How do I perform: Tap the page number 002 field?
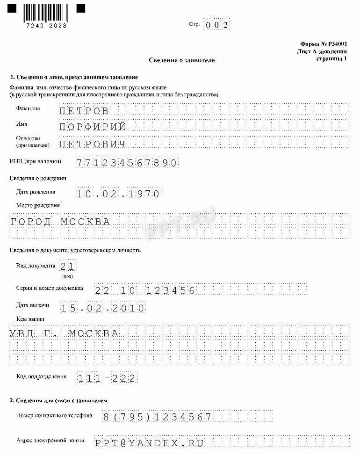(x=217, y=25)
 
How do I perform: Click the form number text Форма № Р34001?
(x=324, y=43)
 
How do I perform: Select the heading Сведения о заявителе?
(x=182, y=60)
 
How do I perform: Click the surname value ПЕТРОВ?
(x=85, y=111)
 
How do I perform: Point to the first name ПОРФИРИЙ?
(x=93, y=127)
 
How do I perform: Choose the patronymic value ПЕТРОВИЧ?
(x=93, y=143)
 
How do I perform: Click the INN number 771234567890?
(x=127, y=163)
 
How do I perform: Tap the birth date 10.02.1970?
(x=119, y=194)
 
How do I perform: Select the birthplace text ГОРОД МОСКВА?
(x=60, y=222)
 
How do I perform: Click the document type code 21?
(x=68, y=267)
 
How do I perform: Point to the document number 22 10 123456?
(x=144, y=290)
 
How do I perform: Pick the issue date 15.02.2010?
(x=103, y=308)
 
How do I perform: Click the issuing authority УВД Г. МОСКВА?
(x=64, y=333)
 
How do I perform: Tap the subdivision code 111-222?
(x=107, y=378)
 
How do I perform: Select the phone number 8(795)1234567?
(x=157, y=417)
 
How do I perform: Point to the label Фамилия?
(x=28, y=108)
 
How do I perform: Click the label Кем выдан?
(x=30, y=319)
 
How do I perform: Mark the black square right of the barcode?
(x=81, y=8)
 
